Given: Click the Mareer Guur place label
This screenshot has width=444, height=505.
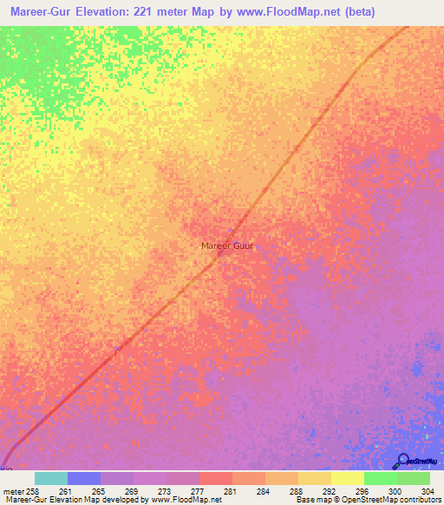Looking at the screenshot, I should [x=227, y=246].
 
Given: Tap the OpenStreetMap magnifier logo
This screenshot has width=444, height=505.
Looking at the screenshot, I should [x=404, y=461].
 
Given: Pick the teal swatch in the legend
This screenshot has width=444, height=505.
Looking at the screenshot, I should [x=51, y=478].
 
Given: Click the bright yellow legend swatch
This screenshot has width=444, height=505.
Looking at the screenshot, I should [x=348, y=478].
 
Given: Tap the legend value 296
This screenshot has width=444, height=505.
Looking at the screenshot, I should [x=362, y=490].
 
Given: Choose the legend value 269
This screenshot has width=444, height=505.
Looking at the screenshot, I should [x=132, y=490].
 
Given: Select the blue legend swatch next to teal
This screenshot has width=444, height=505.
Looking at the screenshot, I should [x=84, y=478].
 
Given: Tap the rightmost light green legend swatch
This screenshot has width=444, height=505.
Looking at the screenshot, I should [x=414, y=478].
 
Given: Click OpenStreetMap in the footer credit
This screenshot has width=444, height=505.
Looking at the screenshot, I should [x=374, y=501].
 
